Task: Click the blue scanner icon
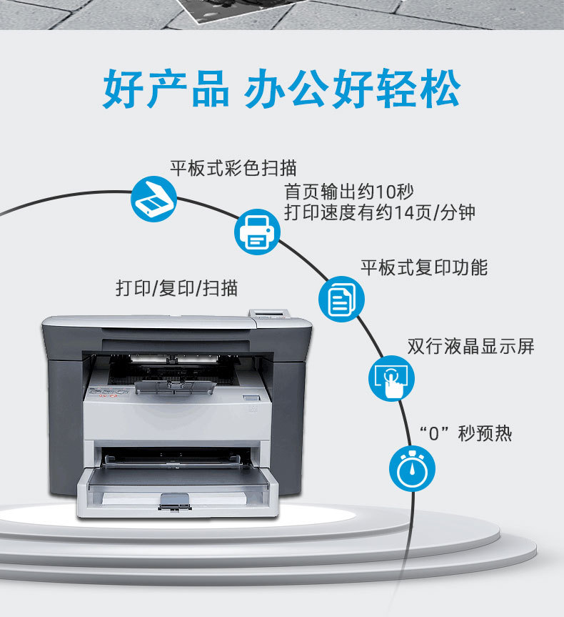click(x=153, y=199)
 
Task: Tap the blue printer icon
click(x=257, y=231)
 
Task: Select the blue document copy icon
click(x=341, y=299)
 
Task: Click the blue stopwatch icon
click(x=411, y=468)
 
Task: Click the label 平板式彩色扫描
click(x=233, y=169)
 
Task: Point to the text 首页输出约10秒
click(x=348, y=192)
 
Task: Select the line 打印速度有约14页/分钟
click(x=379, y=213)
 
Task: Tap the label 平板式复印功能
click(x=423, y=267)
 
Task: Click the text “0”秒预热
click(x=465, y=433)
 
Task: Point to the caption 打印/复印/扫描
click(x=177, y=288)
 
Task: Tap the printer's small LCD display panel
click(x=268, y=312)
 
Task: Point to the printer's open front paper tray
click(x=176, y=486)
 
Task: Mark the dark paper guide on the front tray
click(x=176, y=502)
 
